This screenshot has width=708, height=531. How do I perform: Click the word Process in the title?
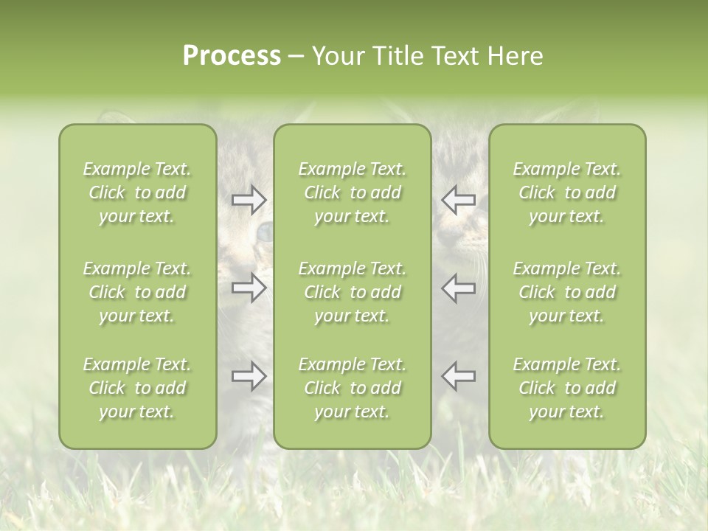tap(232, 56)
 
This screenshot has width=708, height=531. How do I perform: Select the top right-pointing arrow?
tap(249, 199)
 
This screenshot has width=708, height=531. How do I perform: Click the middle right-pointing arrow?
tap(249, 288)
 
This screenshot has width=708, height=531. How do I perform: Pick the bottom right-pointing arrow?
tap(249, 376)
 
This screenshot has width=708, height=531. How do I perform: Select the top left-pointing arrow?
tap(458, 199)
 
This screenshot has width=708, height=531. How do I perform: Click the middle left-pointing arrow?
tap(458, 288)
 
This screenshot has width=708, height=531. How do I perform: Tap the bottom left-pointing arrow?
tap(458, 376)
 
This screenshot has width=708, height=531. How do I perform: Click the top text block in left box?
tap(137, 192)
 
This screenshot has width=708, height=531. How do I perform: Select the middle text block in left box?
tap(137, 292)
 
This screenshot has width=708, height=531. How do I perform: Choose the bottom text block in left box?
tap(137, 388)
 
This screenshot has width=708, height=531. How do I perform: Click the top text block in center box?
tap(353, 192)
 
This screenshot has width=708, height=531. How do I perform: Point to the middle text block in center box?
tap(353, 292)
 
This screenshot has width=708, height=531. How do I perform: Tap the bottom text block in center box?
tap(353, 388)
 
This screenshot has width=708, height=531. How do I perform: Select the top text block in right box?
tap(567, 192)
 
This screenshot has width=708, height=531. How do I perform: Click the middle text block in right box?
tap(567, 292)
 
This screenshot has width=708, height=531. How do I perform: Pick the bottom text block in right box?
tap(567, 388)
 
